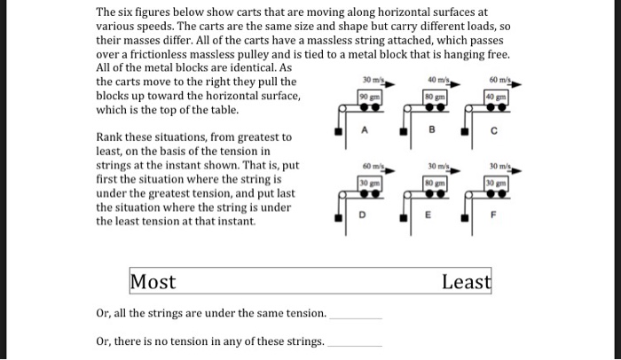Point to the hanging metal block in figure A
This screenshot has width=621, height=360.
click(339, 134)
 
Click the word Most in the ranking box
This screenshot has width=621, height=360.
click(153, 283)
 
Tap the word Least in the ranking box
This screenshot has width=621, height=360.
click(466, 283)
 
